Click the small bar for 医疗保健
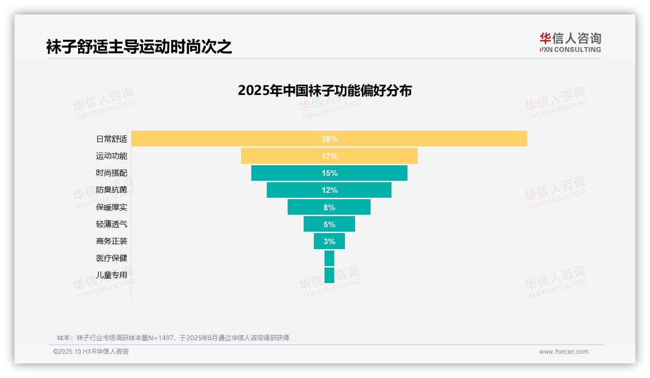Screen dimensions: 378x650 (x=329, y=258)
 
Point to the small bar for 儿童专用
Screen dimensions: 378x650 (x=329, y=275)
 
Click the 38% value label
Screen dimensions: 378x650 (x=329, y=139)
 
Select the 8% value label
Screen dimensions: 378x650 (x=329, y=207)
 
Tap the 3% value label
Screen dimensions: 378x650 (x=329, y=241)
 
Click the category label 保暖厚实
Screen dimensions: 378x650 (x=112, y=207)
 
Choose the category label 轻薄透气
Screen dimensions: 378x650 (x=112, y=224)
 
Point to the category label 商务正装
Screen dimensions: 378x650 (x=112, y=241)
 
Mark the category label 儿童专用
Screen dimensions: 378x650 (x=112, y=275)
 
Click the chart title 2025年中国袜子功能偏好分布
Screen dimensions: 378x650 (x=325, y=91)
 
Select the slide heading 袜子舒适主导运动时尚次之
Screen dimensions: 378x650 (x=139, y=47)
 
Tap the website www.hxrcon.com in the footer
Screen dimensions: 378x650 (x=564, y=352)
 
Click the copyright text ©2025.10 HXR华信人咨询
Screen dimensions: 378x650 (x=91, y=352)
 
